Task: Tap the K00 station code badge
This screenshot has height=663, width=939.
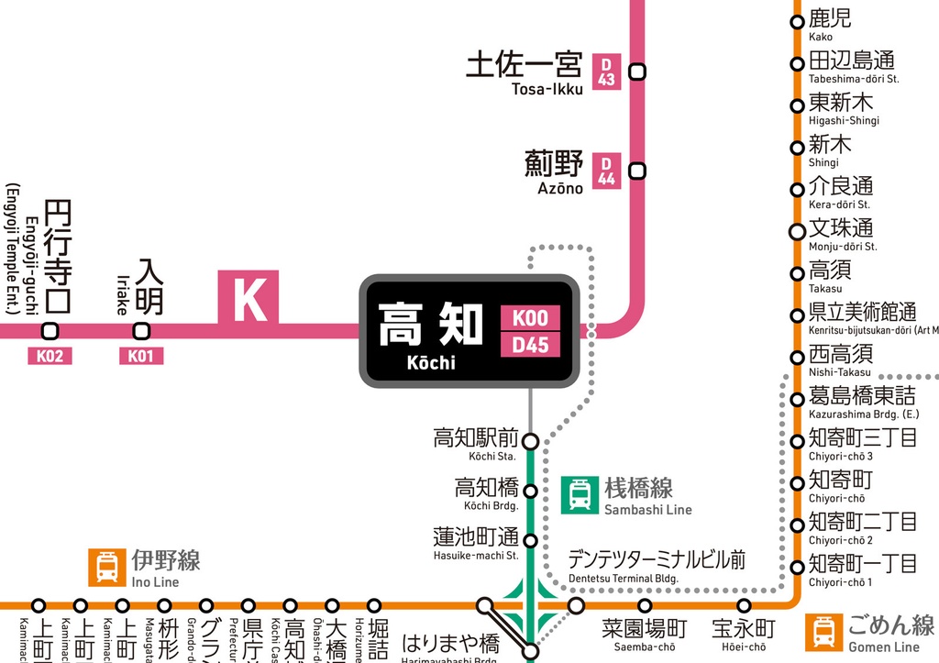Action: [530, 318]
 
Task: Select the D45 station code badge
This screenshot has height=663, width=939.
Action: [530, 346]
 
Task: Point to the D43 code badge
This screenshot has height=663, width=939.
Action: [606, 72]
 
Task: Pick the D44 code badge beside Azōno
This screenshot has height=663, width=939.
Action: [606, 171]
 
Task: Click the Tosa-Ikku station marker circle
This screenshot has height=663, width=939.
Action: [636, 72]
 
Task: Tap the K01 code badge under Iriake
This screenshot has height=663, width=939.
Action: [140, 356]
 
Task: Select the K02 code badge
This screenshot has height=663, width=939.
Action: [50, 356]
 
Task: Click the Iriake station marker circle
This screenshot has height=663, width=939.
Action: [141, 331]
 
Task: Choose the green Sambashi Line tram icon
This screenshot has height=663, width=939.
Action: [580, 494]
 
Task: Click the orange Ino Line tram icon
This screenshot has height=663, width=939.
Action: [106, 567]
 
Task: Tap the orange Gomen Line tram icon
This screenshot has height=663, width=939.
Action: [823, 632]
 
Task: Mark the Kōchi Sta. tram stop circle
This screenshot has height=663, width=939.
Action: [530, 441]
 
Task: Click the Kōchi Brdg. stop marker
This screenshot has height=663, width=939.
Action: [530, 491]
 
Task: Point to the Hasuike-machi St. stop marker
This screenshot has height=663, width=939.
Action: [530, 540]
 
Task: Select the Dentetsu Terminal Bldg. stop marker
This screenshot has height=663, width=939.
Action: [576, 606]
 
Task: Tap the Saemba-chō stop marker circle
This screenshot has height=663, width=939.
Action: [645, 606]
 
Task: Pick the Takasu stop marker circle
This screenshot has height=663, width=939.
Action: [797, 273]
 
